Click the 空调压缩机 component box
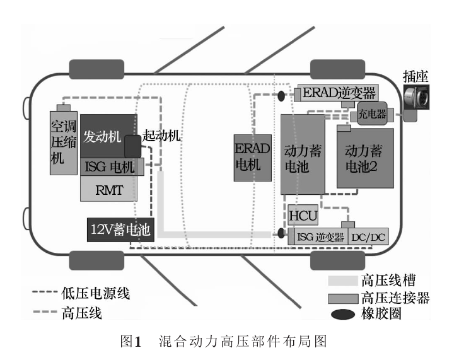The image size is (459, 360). [64, 143]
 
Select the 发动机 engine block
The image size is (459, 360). [108, 136]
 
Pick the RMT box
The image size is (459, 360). [108, 189]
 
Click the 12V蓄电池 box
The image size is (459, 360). [120, 229]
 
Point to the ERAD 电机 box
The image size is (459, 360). [253, 158]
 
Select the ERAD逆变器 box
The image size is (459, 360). [338, 93]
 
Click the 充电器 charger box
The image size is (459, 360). [372, 113]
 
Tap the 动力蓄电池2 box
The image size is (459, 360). [365, 158]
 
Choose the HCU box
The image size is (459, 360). [303, 215]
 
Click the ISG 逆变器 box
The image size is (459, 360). [318, 236]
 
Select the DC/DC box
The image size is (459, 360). [368, 236]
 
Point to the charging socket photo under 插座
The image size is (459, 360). [416, 98]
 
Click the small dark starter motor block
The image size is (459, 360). [133, 146]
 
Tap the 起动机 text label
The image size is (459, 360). [161, 136]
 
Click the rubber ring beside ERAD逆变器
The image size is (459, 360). [281, 96]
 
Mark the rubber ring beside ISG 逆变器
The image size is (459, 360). [281, 233]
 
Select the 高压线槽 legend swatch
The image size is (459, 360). [343, 281]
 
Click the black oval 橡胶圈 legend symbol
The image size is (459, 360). [343, 315]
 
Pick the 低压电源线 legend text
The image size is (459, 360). [95, 293]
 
